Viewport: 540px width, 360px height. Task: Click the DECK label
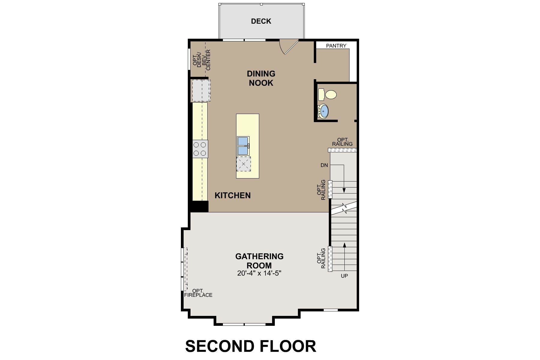(261, 21)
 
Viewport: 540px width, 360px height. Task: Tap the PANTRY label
(336, 46)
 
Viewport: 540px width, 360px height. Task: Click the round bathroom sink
(324, 111)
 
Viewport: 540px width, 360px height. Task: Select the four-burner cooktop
(200, 149)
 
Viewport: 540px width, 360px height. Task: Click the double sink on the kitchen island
(243, 146)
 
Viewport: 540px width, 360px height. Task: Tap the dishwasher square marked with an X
(243, 163)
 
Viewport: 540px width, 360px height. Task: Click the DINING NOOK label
(261, 78)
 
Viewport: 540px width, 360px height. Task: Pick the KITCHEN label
(232, 195)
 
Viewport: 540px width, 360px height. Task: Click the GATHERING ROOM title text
(259, 261)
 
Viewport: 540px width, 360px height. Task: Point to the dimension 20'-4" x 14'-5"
(259, 273)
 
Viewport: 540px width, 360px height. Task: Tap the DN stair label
(324, 165)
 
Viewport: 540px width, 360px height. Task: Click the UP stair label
(344, 276)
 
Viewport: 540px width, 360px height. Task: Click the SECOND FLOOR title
(250, 346)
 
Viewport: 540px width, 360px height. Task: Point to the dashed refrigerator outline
(201, 91)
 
